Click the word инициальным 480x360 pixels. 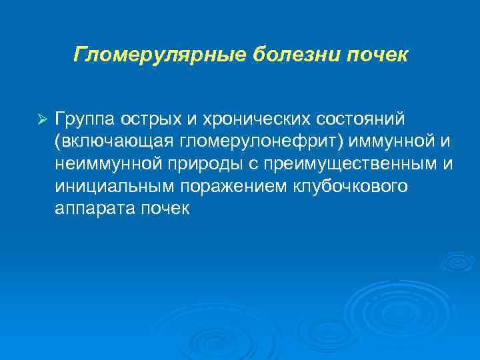pos(107,187)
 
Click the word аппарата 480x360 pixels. pos(95,209)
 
